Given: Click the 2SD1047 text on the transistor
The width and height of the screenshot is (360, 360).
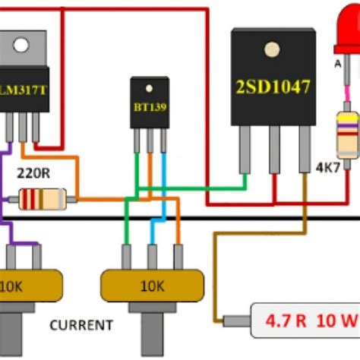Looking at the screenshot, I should (x=271, y=87).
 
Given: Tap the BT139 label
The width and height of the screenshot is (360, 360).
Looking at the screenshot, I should (x=149, y=107).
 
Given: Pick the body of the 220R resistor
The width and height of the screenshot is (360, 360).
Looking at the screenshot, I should (x=43, y=200).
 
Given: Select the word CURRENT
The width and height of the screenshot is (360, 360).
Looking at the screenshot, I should (x=81, y=325).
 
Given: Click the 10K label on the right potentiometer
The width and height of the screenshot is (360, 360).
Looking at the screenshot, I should (x=152, y=287).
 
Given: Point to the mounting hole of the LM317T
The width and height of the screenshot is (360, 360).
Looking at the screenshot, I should (x=18, y=45).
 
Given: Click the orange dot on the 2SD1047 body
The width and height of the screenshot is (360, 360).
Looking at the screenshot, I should (x=270, y=50).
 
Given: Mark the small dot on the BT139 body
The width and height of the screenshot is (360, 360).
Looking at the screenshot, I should (x=149, y=85).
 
